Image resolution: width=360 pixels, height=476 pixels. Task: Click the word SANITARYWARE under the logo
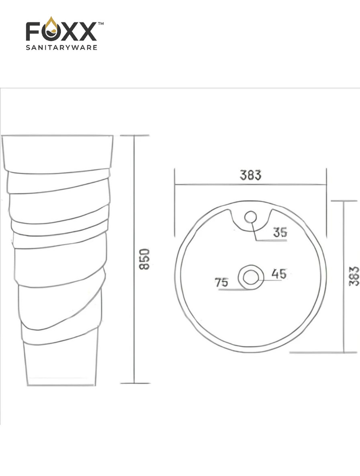61,48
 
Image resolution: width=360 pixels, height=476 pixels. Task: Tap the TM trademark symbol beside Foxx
100,23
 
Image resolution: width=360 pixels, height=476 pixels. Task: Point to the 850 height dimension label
144,259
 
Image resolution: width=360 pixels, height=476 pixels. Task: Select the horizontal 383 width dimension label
251,175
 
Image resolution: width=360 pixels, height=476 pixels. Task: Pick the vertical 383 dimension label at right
354,276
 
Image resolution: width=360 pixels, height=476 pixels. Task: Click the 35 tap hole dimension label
280,232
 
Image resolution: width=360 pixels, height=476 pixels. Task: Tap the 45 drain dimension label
279,273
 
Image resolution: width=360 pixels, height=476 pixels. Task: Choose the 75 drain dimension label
221,282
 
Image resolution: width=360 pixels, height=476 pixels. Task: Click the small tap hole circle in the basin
251,217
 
